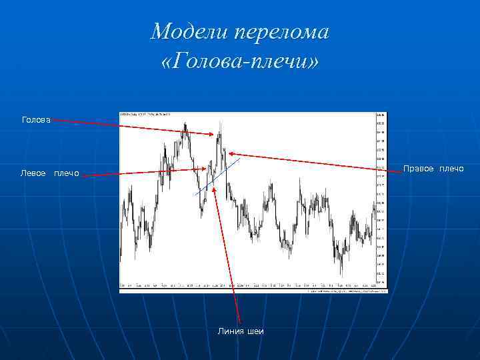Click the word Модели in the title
(x=179, y=32)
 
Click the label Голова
(x=36, y=120)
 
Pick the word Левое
(x=33, y=173)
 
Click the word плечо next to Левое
(x=66, y=173)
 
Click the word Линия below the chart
(x=230, y=331)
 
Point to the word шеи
(x=255, y=331)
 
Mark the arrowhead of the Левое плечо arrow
(x=189, y=169)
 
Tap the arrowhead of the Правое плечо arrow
(x=231, y=153)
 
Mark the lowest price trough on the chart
(x=342, y=273)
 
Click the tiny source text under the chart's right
(x=347, y=291)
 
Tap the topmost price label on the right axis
(x=380, y=115)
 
